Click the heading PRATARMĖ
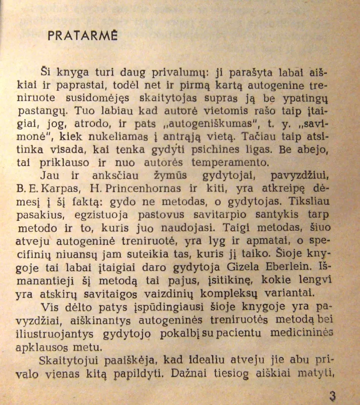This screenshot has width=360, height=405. [83, 35]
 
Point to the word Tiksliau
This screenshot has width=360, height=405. [319, 202]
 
